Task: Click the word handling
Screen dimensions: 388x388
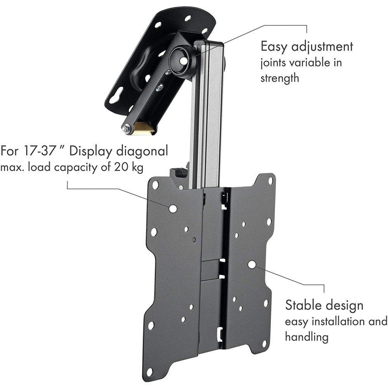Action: [x=307, y=336]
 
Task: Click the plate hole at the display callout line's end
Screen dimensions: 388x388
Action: [x=172, y=208]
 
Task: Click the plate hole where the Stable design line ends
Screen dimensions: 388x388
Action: [x=252, y=264]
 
